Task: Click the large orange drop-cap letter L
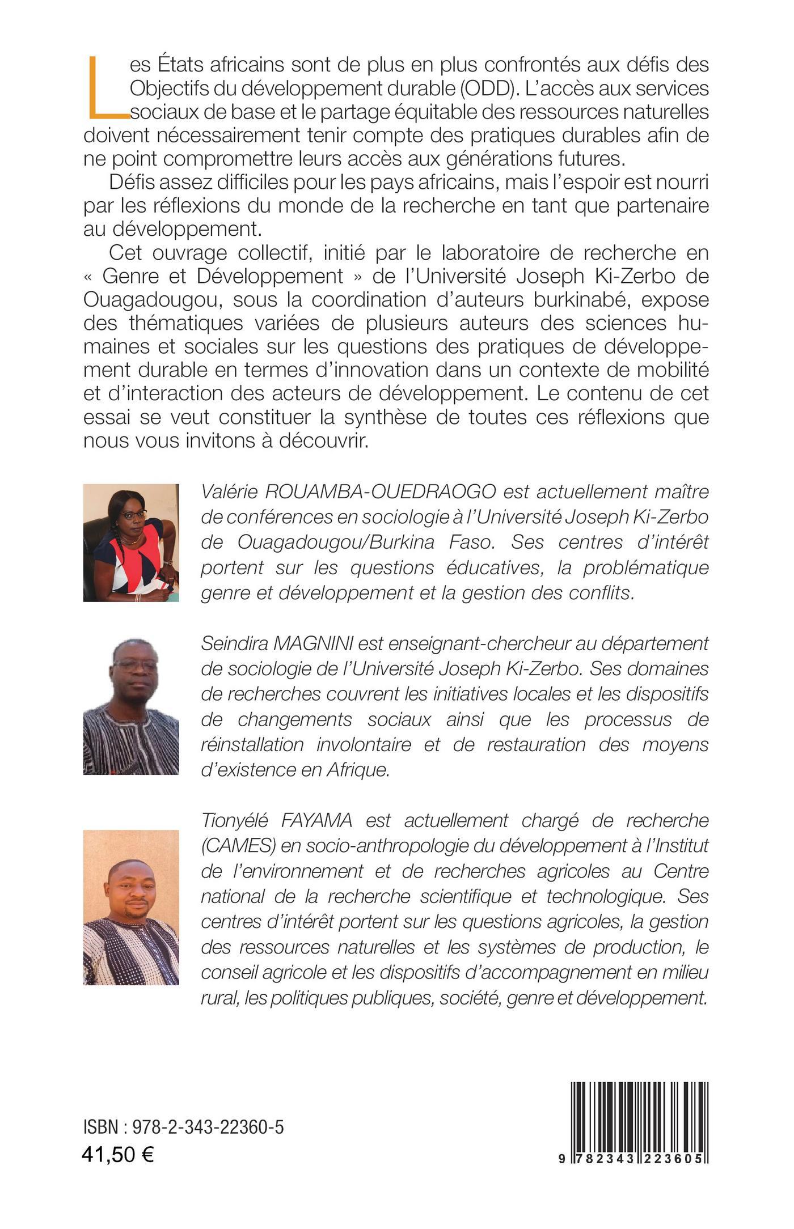105,88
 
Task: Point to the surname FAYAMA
315,820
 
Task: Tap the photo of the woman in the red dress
131,543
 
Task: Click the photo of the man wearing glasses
131,706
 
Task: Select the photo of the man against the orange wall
131,907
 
